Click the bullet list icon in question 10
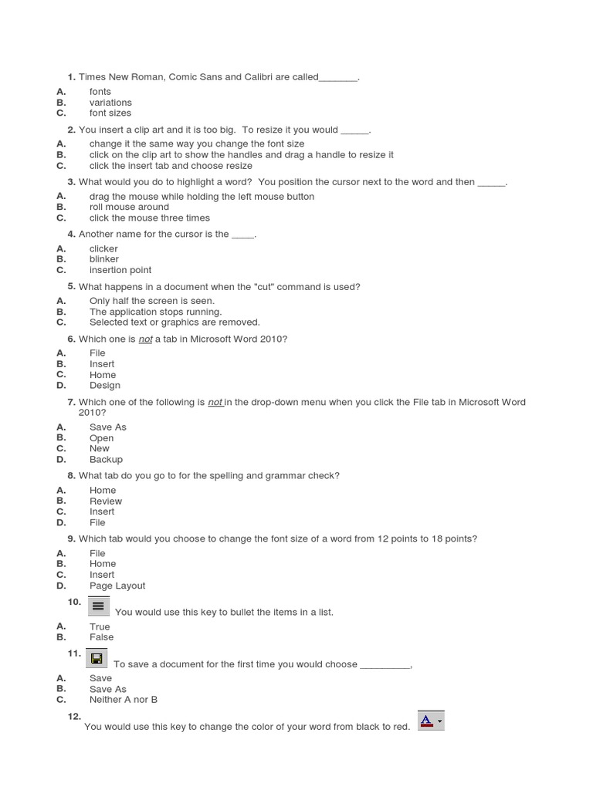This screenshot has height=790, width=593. click(99, 606)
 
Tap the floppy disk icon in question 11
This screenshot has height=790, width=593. click(97, 658)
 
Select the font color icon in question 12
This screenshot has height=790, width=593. click(430, 721)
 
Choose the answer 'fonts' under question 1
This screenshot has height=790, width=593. click(100, 92)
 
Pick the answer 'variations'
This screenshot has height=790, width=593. click(110, 103)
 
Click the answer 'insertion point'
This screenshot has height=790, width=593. click(120, 270)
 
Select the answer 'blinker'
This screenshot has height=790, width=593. click(103, 259)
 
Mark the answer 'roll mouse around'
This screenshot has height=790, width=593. click(129, 207)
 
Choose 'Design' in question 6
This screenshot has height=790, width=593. click(104, 386)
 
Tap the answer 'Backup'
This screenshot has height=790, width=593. click(106, 460)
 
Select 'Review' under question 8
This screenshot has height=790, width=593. click(105, 501)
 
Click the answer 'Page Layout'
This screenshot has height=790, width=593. click(117, 586)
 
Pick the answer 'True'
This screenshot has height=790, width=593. click(100, 627)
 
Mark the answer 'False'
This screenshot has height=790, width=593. click(101, 637)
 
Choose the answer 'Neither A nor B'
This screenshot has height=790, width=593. click(123, 700)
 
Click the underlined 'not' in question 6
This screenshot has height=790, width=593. click(145, 339)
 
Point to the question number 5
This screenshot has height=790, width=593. click(71, 286)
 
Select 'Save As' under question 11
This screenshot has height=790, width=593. click(107, 690)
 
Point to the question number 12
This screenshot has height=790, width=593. click(74, 717)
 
